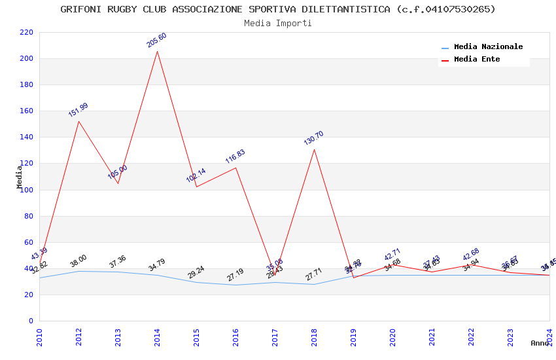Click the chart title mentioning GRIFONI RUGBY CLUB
click(x=278, y=9)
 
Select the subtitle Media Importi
click(x=278, y=23)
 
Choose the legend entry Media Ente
click(x=477, y=60)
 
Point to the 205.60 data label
click(x=157, y=40)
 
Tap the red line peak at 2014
click(x=157, y=51)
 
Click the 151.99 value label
click(x=78, y=110)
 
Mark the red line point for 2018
click(x=314, y=149)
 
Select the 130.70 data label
click(x=314, y=138)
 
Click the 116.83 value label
click(x=235, y=156)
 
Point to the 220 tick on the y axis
click(x=27, y=32)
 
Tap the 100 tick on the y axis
click(x=27, y=190)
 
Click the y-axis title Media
click(x=20, y=177)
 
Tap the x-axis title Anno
click(x=540, y=343)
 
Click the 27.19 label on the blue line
click(x=235, y=275)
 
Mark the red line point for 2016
click(x=235, y=168)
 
